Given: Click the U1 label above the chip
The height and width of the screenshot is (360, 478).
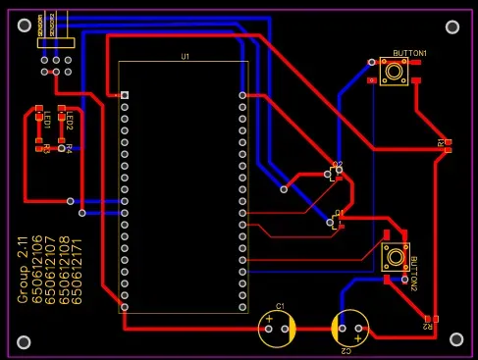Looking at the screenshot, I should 185,57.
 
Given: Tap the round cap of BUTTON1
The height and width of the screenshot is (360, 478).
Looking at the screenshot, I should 395,71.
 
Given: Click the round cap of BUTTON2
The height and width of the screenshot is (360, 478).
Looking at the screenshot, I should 395,257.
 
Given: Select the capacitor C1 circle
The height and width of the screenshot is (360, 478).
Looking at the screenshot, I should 278,327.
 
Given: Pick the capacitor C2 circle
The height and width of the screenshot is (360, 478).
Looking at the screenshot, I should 350,329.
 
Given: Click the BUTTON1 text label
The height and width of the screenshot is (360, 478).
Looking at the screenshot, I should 409,52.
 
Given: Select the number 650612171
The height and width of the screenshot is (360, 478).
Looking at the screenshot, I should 78,270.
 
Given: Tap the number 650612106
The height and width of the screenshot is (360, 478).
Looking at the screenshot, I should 37,270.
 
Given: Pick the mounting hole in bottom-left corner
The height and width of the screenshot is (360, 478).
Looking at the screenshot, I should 22,342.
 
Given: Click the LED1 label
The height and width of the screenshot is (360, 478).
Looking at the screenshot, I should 46,121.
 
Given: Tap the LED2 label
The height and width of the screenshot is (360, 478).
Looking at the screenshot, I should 70,121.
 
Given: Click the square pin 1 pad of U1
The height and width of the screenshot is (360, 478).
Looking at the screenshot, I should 125,95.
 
